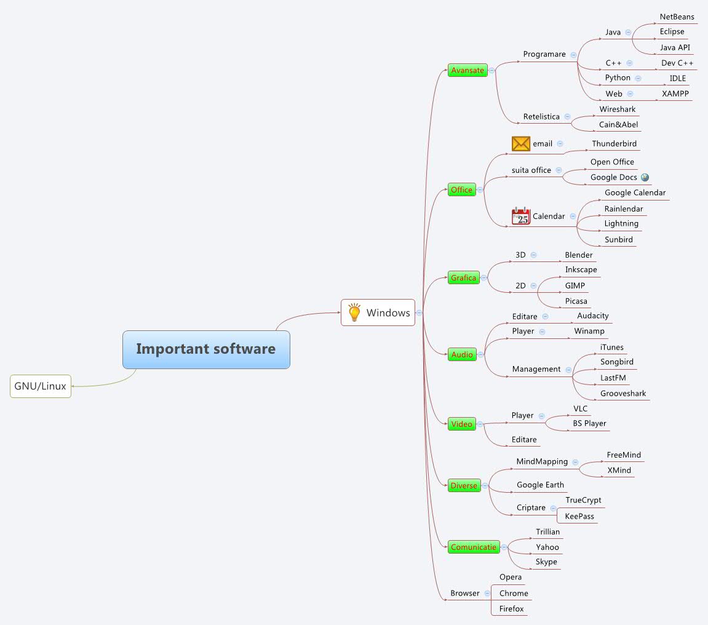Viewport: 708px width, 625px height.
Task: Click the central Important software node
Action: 206,349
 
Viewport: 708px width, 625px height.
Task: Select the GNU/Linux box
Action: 41,386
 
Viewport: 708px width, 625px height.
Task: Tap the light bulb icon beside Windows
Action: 354,312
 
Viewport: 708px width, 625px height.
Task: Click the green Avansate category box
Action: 467,70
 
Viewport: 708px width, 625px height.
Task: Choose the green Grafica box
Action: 464,277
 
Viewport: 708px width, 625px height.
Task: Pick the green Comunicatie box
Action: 473,547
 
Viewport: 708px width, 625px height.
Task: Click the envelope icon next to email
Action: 521,143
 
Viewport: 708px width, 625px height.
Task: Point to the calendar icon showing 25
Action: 521,217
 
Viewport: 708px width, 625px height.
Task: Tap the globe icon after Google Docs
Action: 645,177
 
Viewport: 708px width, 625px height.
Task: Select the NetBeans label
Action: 677,17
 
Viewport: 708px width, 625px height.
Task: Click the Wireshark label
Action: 618,109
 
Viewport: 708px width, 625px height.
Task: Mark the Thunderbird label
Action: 615,143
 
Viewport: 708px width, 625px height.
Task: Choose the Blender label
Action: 579,255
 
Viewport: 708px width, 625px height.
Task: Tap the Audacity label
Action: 593,316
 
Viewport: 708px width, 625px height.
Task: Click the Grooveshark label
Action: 623,393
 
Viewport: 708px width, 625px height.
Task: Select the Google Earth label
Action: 540,485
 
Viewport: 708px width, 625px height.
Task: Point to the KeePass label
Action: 579,516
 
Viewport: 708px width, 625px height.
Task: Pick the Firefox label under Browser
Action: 512,608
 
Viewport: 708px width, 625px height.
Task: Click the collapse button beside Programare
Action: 573,55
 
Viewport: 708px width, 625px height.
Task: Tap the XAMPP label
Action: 675,94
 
